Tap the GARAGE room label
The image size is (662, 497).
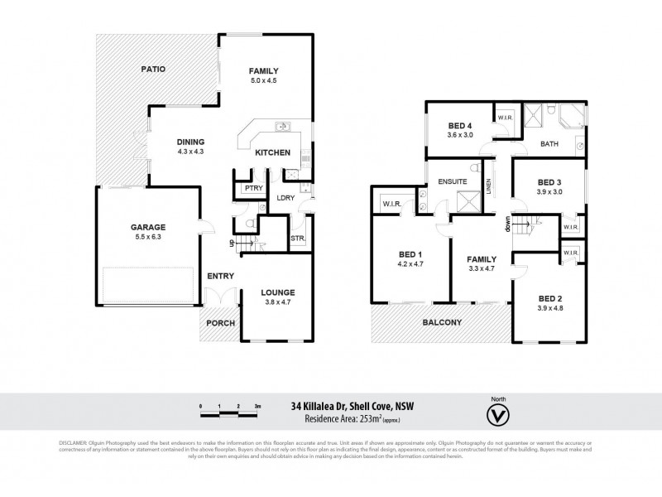point(148,227)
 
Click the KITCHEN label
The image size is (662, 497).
point(272,152)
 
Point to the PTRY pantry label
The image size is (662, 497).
point(253,189)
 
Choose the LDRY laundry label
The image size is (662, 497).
point(286,197)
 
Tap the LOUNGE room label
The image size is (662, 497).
point(277,292)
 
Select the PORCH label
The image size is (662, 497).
point(220,323)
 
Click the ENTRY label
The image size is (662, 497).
point(220,276)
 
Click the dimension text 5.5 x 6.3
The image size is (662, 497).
point(148,236)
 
